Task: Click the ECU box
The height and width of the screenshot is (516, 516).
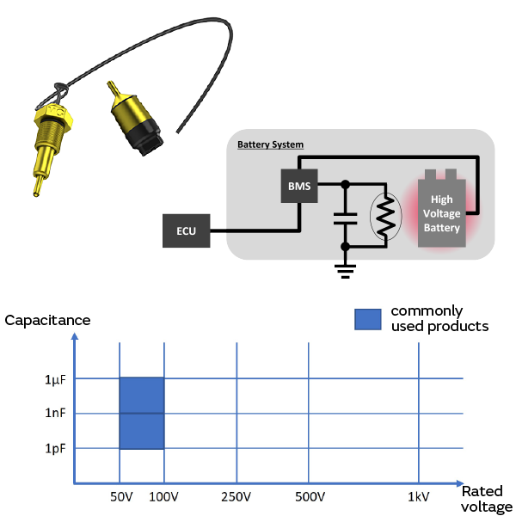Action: point(186,231)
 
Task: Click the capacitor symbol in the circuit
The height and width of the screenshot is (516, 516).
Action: point(345,215)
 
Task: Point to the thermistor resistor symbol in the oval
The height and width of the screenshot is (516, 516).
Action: point(385,215)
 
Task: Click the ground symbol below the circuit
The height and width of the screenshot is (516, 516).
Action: point(345,270)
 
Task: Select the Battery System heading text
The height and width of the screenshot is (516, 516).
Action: point(270,144)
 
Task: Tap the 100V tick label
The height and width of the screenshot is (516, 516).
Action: point(163,497)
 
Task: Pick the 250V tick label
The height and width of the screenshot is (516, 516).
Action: point(236,497)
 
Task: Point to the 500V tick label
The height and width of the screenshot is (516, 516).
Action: point(310,497)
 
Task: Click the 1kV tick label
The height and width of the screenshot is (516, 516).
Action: point(419,497)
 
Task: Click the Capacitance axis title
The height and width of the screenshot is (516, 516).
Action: point(47,321)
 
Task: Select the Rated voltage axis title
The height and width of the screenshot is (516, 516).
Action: point(487,500)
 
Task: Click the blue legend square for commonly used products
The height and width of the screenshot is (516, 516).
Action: point(367,318)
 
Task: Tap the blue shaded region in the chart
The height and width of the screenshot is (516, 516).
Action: point(141,413)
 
